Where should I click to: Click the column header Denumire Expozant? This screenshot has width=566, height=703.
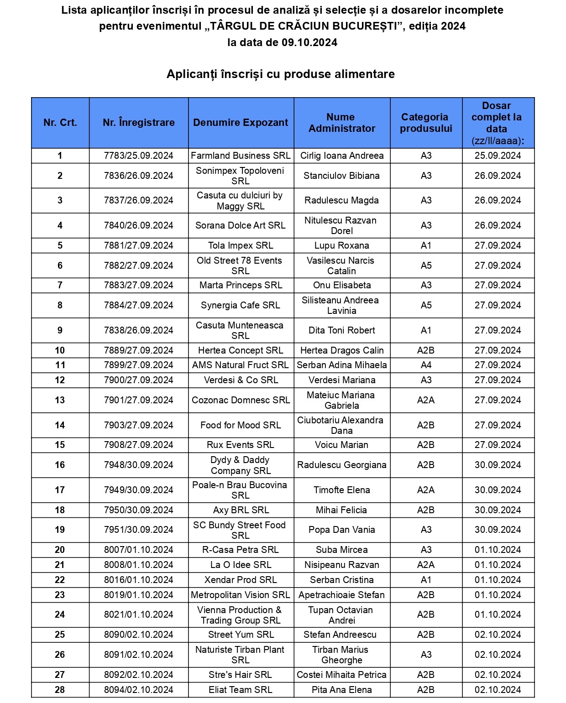[x=241, y=123]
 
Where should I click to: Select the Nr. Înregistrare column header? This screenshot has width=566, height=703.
[x=139, y=123]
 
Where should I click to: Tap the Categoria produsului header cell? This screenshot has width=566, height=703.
[x=426, y=123]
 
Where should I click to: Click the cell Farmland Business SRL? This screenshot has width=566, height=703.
[x=241, y=156]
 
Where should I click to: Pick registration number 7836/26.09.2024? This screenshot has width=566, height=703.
[x=139, y=176]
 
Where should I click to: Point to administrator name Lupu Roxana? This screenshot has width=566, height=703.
[x=341, y=245]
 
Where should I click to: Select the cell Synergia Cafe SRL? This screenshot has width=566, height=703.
[x=241, y=305]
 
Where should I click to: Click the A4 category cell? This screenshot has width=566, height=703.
[x=426, y=365]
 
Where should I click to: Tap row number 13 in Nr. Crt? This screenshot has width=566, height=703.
[x=60, y=400]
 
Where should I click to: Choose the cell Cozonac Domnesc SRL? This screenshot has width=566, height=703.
[x=241, y=400]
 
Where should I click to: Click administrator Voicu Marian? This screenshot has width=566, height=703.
[x=341, y=445]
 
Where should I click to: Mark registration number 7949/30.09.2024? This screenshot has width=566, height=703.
[x=139, y=490]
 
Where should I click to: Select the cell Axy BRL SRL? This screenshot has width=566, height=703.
[x=241, y=510]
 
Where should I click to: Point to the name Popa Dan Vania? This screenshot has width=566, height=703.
[x=341, y=530]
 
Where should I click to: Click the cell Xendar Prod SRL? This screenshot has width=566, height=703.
[x=241, y=580]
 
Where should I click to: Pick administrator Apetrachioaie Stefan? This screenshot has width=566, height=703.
[x=341, y=595]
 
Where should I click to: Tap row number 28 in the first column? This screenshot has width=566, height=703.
[x=60, y=690]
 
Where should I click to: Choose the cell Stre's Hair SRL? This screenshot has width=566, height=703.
[x=241, y=675]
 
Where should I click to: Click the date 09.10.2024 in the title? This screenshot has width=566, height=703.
[x=309, y=42]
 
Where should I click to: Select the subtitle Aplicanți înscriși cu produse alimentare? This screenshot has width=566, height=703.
[x=281, y=74]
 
